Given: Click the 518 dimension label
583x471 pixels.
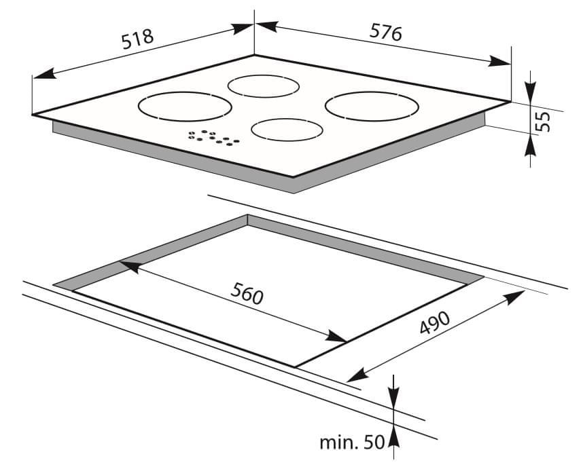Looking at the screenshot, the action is pyautogui.click(x=137, y=39).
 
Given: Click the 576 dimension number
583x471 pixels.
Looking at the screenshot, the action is pyautogui.click(x=385, y=33).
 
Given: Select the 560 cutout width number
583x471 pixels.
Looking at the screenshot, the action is pyautogui.click(x=247, y=293).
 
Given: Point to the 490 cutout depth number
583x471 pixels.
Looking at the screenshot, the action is pyautogui.click(x=435, y=322).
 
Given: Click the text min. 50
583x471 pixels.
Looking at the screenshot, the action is pyautogui.click(x=352, y=442).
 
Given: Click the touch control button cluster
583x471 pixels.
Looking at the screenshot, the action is pyautogui.click(x=214, y=138).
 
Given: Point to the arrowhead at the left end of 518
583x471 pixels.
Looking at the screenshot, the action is pyautogui.click(x=45, y=73).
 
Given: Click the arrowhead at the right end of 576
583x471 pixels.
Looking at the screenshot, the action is pyautogui.click(x=499, y=61).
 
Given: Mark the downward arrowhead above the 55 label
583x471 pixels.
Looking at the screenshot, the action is pyautogui.click(x=531, y=92).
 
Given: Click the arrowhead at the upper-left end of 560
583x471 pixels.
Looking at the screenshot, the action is pyautogui.click(x=130, y=266).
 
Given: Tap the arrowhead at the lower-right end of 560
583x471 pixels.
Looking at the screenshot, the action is pyautogui.click(x=336, y=336).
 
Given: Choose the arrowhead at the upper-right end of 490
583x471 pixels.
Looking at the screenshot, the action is pyautogui.click(x=514, y=297).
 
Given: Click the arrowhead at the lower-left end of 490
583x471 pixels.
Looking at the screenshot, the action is pyautogui.click(x=357, y=376).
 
